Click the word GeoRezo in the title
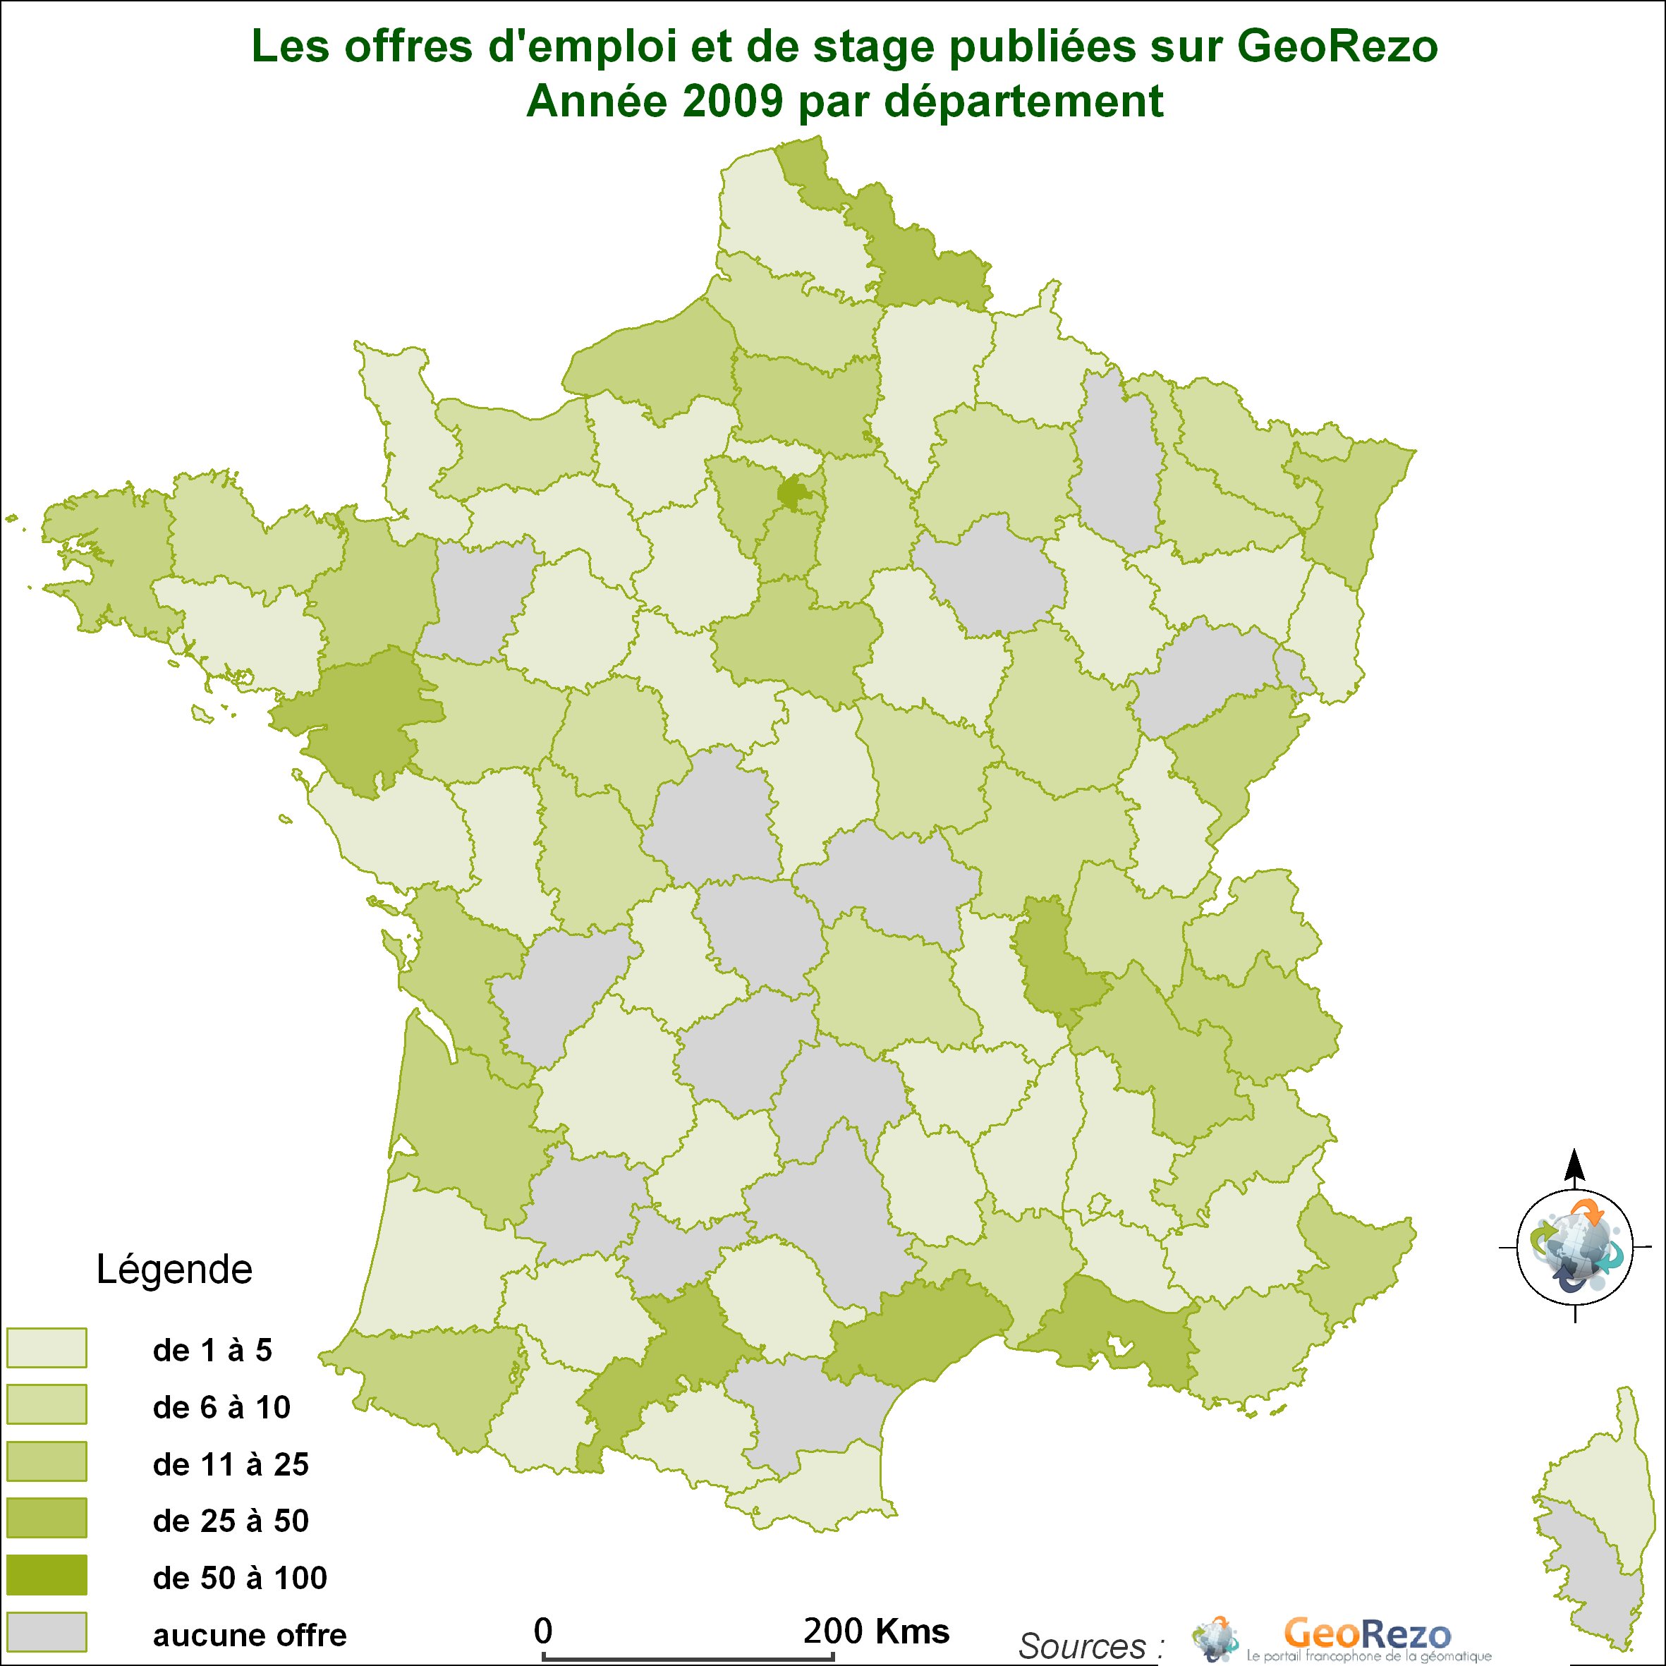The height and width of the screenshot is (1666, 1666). pyautogui.click(x=1337, y=47)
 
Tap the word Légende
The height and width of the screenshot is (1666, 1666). pyautogui.click(x=174, y=1270)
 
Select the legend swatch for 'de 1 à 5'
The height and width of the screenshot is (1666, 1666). pyautogui.click(x=47, y=1348)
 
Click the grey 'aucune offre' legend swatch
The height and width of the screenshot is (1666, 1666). pyautogui.click(x=47, y=1631)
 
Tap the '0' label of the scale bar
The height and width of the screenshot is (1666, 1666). pyautogui.click(x=542, y=1631)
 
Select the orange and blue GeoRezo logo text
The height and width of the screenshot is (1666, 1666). pyautogui.click(x=1368, y=1634)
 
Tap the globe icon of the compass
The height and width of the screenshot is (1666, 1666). pyautogui.click(x=1574, y=1247)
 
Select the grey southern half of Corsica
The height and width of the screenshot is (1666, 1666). pyautogui.click(x=1595, y=1578)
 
